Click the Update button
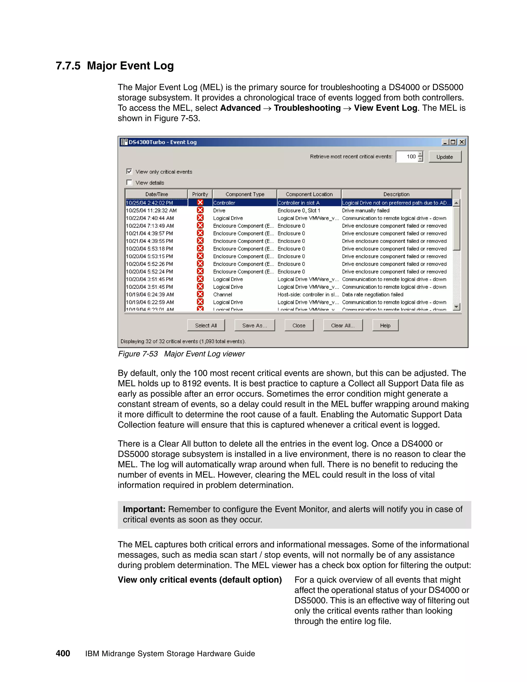tap(445, 157)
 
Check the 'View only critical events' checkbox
tap(129, 171)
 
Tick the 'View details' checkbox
tap(129, 182)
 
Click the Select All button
tap(206, 325)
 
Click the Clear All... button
tap(343, 325)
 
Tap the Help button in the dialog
tap(385, 325)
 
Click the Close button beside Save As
tap(299, 325)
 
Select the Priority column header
tap(200, 194)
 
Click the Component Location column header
tap(309, 194)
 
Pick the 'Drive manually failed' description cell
tap(366, 211)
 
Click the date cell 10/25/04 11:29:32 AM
tap(151, 211)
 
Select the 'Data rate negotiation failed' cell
tap(372, 294)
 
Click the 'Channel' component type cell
tap(223, 294)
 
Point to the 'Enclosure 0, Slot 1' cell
tap(299, 211)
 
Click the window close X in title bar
tap(462, 142)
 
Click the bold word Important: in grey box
tap(144, 509)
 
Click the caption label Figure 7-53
tap(138, 354)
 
